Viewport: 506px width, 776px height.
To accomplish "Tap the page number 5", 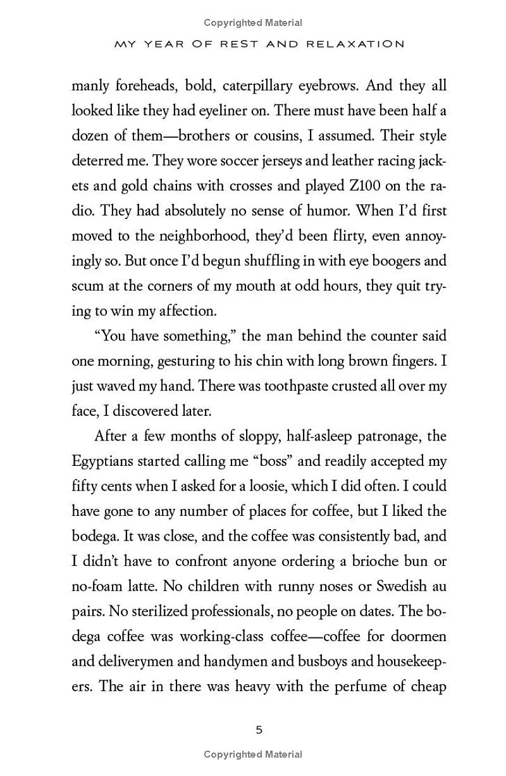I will (259, 730).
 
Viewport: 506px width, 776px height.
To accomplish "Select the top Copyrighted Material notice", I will (253, 23).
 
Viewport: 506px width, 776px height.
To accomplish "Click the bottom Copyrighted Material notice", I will (253, 754).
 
